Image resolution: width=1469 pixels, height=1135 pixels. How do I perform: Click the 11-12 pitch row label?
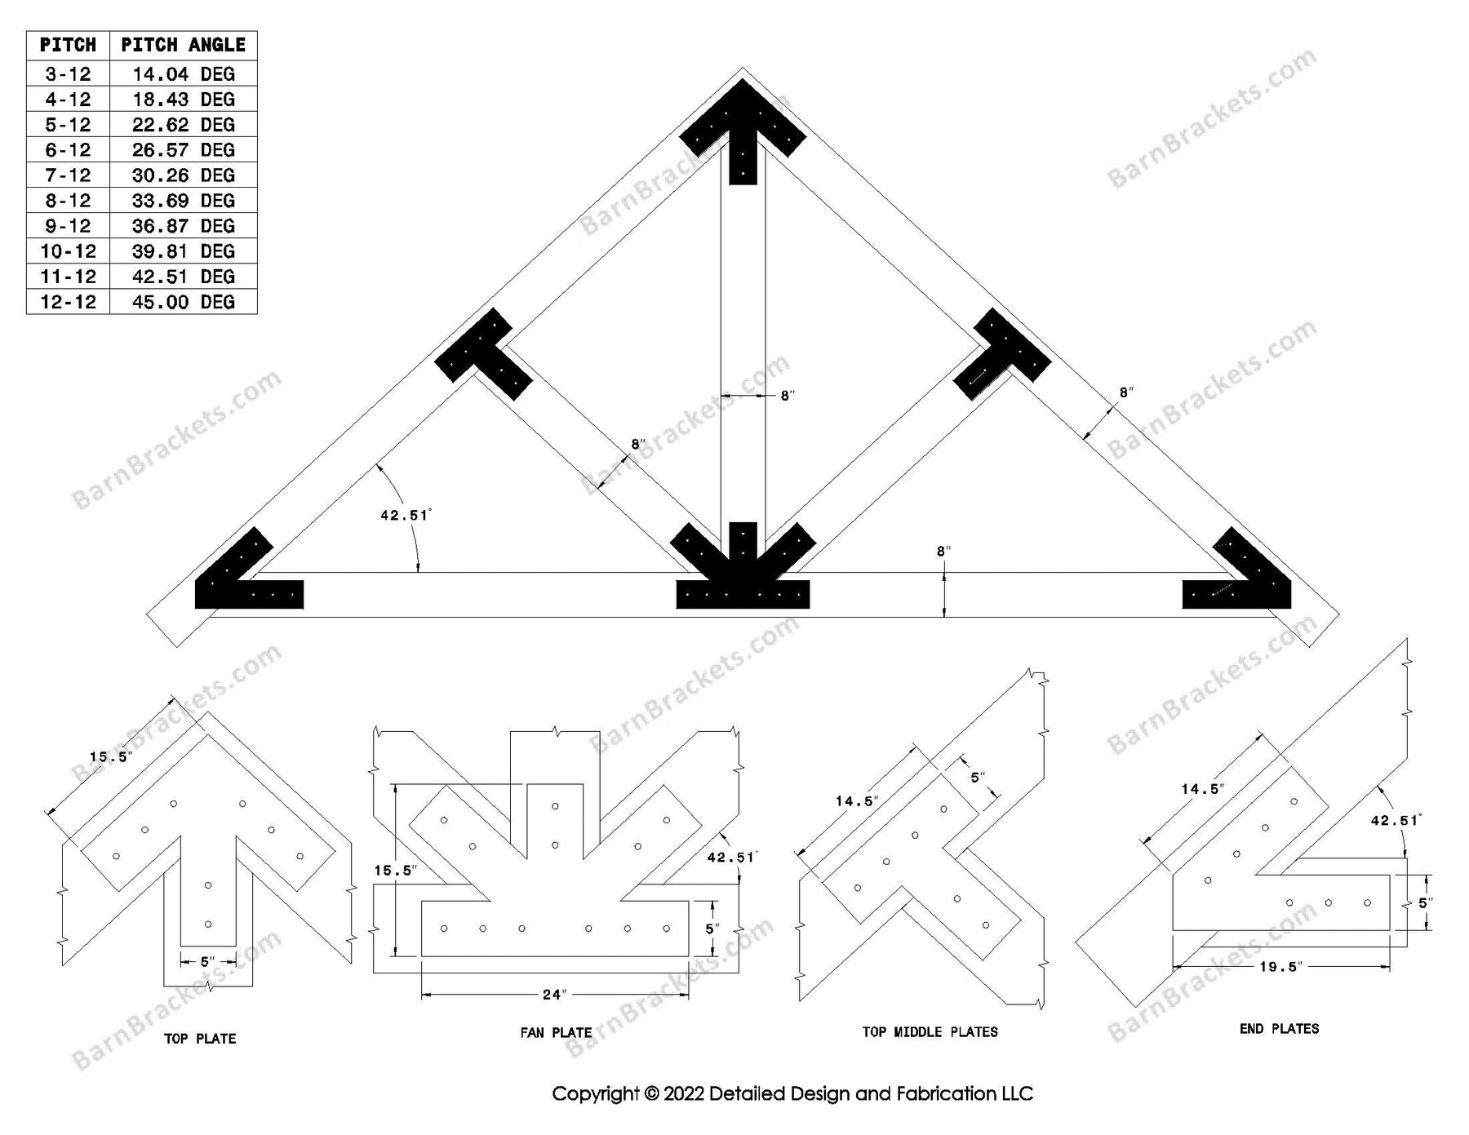point(68,277)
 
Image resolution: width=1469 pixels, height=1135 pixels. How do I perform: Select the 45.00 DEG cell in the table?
point(183,302)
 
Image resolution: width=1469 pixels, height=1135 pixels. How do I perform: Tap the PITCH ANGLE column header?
point(183,45)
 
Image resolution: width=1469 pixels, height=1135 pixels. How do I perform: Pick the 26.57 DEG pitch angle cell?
point(183,150)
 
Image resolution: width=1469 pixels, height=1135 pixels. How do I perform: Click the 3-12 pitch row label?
point(68,74)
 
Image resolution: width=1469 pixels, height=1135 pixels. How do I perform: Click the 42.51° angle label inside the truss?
point(405,515)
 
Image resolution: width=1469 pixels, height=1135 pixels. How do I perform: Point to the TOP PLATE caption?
point(200,1039)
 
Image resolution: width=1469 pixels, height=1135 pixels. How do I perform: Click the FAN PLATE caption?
point(556,1032)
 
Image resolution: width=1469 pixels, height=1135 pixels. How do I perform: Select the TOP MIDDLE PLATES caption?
point(930,1032)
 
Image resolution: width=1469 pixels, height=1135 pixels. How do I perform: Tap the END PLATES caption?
point(1279,1029)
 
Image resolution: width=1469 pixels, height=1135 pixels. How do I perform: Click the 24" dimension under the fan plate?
point(554,995)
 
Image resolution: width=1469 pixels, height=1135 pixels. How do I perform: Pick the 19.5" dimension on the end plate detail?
point(1281,967)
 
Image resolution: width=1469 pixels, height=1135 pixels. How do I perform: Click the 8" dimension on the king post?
point(787,396)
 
